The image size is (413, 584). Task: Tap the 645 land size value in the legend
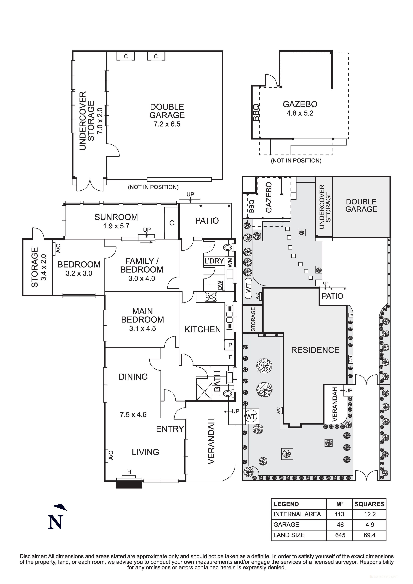[340, 535]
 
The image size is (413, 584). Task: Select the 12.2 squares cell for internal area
[370, 514]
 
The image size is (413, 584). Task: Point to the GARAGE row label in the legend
[286, 524]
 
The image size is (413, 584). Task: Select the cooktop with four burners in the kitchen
[211, 297]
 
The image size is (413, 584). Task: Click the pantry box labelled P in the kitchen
[230, 345]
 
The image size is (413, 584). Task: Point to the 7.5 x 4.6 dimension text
[133, 415]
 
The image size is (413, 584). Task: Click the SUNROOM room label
[116, 217]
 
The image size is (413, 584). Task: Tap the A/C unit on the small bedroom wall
[58, 248]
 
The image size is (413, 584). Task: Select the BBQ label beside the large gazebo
[256, 112]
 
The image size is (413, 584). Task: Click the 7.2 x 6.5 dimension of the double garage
[167, 124]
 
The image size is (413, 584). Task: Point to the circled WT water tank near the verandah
[251, 416]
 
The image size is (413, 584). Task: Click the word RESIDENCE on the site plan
[315, 350]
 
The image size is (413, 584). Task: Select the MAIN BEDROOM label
[142, 315]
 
